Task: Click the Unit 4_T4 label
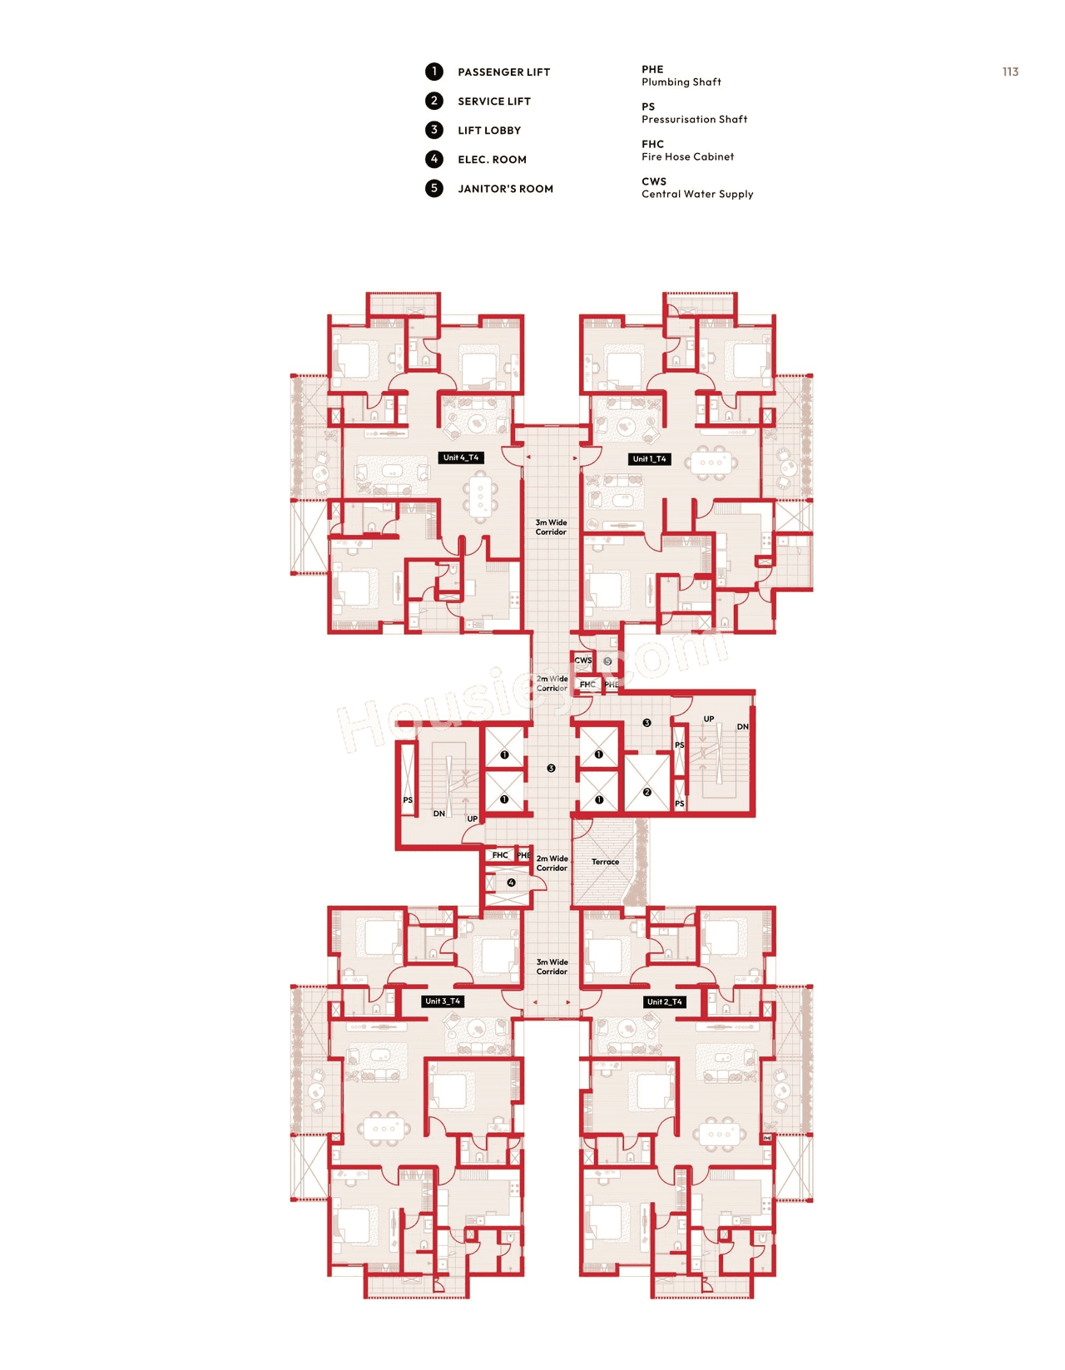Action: (460, 457)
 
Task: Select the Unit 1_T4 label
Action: (649, 458)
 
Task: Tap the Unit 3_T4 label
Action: (443, 1001)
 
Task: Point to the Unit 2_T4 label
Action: (664, 1002)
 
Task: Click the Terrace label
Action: (605, 862)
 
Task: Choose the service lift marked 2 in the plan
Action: (646, 792)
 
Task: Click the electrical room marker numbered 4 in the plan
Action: (511, 883)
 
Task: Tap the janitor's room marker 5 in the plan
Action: (607, 661)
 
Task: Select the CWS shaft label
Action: (582, 660)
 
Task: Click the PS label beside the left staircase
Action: (408, 799)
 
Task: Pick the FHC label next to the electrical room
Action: (499, 855)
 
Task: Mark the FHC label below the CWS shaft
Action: (587, 684)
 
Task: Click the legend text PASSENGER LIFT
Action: (503, 72)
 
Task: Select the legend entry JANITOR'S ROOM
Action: (505, 189)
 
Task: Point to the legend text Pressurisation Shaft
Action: (694, 119)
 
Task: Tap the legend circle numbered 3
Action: (433, 130)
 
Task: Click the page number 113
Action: (1010, 72)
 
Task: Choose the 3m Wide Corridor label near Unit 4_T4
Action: (551, 527)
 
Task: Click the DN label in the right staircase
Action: (742, 726)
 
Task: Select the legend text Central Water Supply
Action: (697, 194)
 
